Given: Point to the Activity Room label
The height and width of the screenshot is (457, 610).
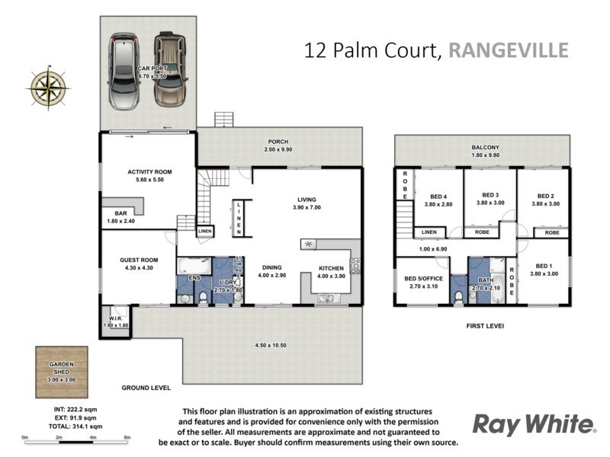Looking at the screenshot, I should click(x=149, y=172).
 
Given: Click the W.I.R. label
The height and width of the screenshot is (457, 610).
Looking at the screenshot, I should click(x=115, y=319).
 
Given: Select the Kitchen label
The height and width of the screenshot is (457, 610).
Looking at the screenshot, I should click(x=330, y=267).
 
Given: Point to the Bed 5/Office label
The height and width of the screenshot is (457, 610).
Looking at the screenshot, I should click(x=422, y=279).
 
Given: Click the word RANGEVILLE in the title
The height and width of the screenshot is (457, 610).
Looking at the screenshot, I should click(x=509, y=50).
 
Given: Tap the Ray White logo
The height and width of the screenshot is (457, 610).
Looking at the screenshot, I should click(x=533, y=423).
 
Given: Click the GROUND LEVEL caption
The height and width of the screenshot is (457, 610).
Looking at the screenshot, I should click(x=146, y=388).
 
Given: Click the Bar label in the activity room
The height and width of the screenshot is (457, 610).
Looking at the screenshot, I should click(x=120, y=213).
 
